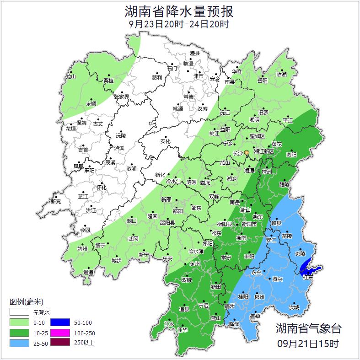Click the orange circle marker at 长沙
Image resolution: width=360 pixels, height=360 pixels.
point(247,152)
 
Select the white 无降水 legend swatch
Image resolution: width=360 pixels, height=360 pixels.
point(20,312)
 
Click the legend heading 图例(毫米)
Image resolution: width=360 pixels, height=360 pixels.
point(27,302)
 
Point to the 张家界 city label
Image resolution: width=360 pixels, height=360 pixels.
point(122,97)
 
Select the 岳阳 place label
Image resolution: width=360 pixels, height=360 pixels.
point(262,81)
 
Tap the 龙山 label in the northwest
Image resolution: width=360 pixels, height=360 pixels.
point(70,77)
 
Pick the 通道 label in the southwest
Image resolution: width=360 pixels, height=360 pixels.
point(89,273)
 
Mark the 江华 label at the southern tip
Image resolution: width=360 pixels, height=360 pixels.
point(183,329)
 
